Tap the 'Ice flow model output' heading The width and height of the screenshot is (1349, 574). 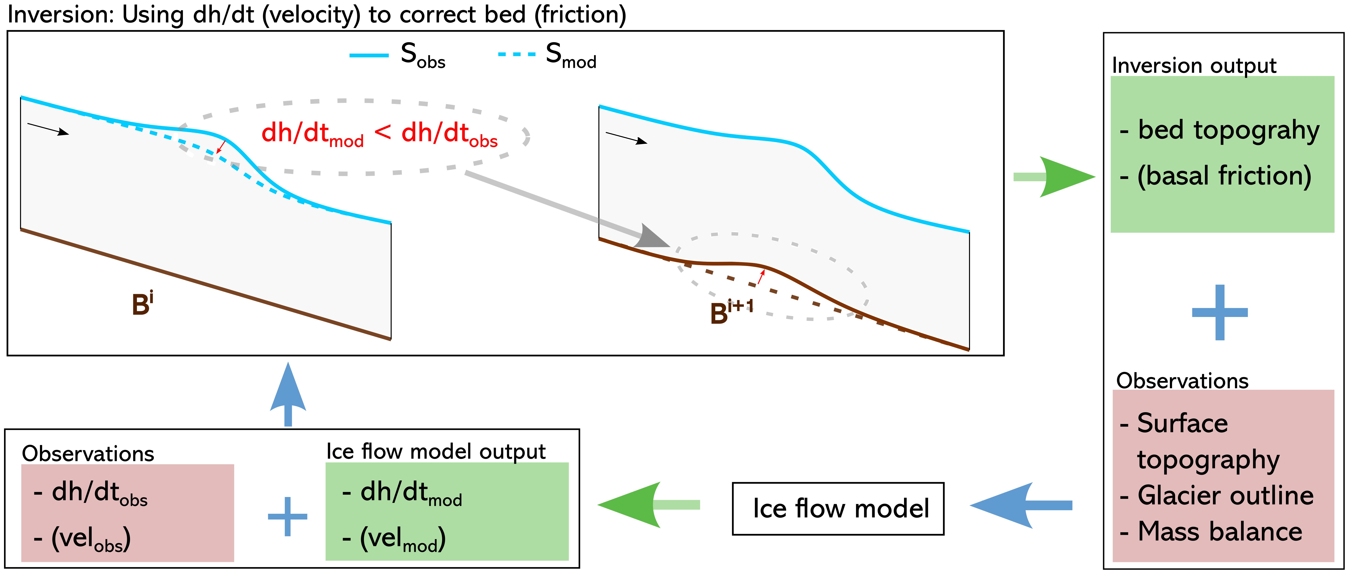[x=436, y=451]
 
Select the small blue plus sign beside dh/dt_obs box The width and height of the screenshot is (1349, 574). [x=288, y=516]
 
